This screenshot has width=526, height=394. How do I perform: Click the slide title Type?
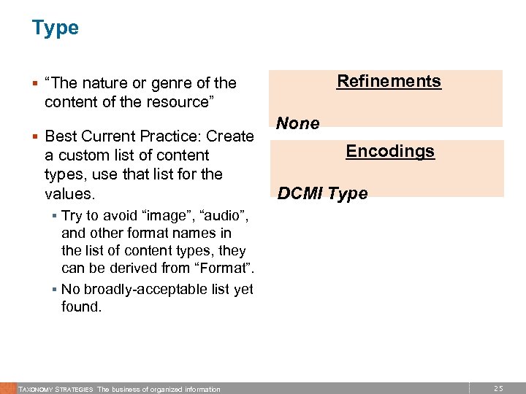point(55,28)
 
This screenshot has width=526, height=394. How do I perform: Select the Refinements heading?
point(389,81)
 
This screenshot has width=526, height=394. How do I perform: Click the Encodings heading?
point(390,151)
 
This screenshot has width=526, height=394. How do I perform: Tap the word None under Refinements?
point(299,123)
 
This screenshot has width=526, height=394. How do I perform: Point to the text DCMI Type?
point(323,193)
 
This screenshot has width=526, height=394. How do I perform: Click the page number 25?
point(499,389)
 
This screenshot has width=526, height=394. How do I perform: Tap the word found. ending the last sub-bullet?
point(81,307)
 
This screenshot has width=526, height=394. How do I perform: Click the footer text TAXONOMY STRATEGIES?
point(56,389)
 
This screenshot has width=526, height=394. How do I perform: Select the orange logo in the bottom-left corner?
point(7,388)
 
